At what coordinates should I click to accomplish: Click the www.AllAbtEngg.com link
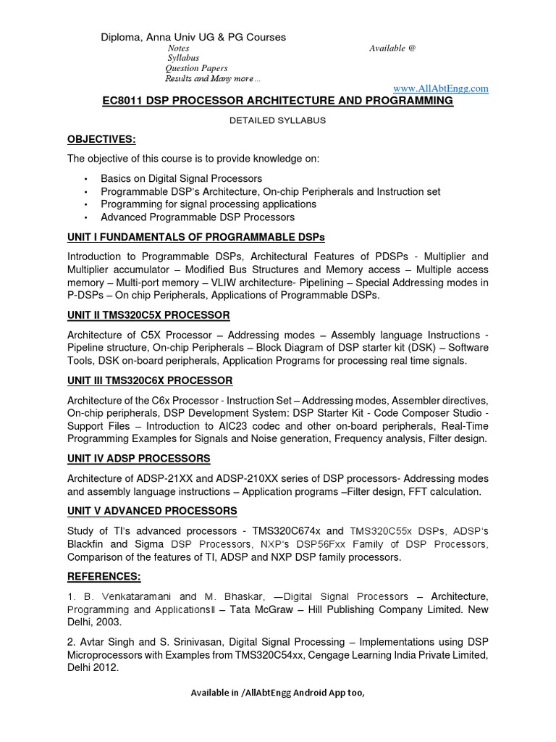click(440, 88)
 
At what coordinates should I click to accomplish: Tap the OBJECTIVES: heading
click(101, 139)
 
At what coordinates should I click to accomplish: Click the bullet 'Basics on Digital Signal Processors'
click(181, 178)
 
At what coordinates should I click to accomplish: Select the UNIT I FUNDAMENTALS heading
click(196, 237)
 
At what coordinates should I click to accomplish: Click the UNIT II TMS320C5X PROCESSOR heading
click(148, 315)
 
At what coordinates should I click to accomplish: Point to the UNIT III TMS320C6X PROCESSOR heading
click(150, 380)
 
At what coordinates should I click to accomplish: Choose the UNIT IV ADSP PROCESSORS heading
click(139, 459)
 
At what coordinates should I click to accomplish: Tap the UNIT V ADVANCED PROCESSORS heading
click(152, 511)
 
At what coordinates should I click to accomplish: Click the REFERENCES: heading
click(104, 576)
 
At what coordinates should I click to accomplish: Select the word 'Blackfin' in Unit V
click(88, 543)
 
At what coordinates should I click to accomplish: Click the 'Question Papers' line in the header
click(197, 68)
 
